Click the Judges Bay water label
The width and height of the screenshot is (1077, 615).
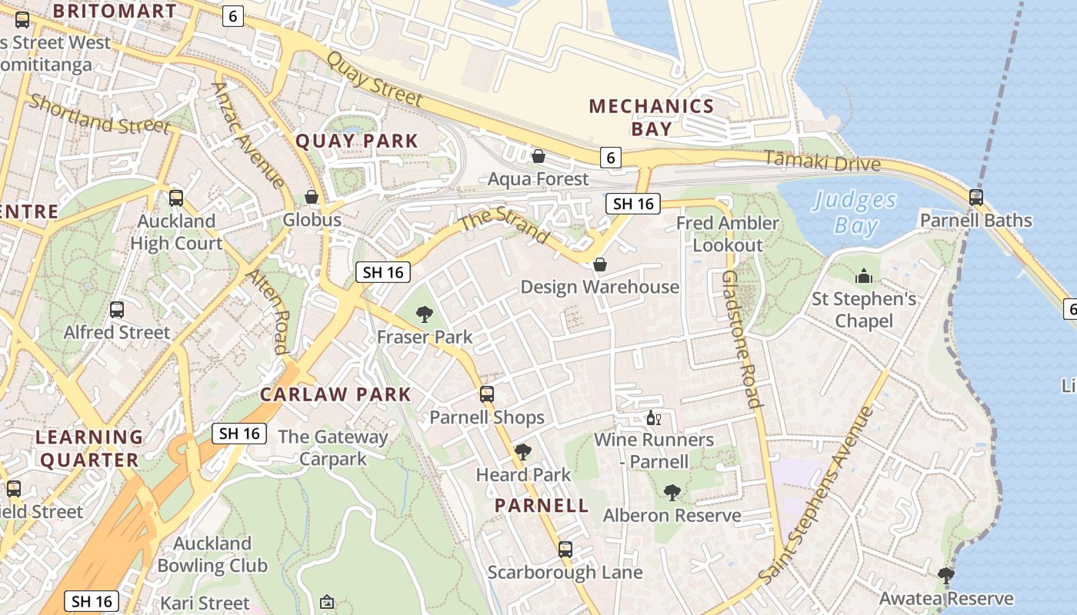[855, 213]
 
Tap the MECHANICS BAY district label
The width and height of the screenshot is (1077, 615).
[652, 117]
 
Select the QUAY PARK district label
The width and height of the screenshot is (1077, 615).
[357, 141]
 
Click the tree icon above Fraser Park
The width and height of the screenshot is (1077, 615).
[424, 314]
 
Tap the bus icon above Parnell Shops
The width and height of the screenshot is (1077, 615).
[487, 394]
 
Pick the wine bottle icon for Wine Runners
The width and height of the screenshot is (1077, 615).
[653, 418]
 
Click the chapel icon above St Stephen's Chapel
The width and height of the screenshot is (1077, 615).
[864, 275]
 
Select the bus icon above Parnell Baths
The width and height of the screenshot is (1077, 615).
[976, 198]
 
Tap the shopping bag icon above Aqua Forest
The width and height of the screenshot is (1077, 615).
[538, 156]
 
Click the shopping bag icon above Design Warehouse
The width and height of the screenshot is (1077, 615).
[600, 264]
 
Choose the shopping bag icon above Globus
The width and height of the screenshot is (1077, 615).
[312, 198]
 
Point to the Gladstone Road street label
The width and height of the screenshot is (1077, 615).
[743, 338]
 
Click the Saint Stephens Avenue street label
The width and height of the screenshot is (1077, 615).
[817, 494]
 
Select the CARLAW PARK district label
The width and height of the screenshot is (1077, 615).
[335, 394]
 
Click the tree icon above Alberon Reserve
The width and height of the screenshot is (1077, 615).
[672, 492]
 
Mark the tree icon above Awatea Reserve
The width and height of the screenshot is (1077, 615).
[946, 575]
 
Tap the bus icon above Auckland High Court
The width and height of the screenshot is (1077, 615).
[176, 198]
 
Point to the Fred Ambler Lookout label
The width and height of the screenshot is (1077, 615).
[728, 234]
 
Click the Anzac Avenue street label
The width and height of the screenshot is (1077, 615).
[248, 135]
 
